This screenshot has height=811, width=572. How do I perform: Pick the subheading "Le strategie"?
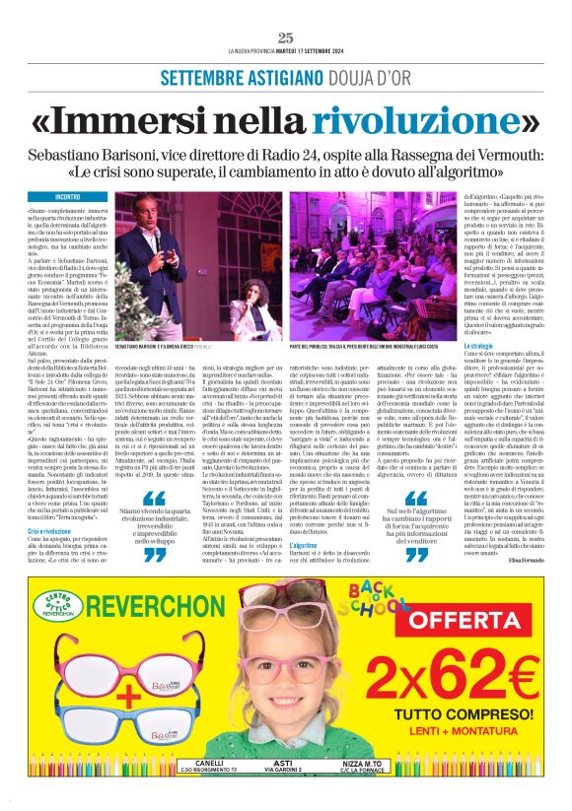pos(450,347)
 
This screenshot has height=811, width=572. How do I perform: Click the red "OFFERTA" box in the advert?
pos(471,619)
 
